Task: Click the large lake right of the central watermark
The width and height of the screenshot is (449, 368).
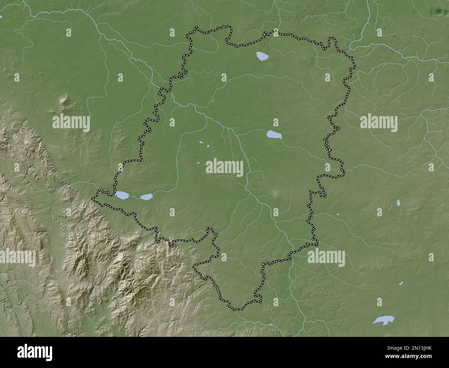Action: click(x=274, y=135)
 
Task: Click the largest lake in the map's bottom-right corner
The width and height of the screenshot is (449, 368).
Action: click(x=382, y=320)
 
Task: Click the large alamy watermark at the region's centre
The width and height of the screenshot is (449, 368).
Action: click(x=224, y=168)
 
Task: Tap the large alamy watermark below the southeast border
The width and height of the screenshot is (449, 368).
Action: click(x=326, y=257)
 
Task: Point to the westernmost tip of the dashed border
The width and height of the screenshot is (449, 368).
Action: click(x=92, y=199)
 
